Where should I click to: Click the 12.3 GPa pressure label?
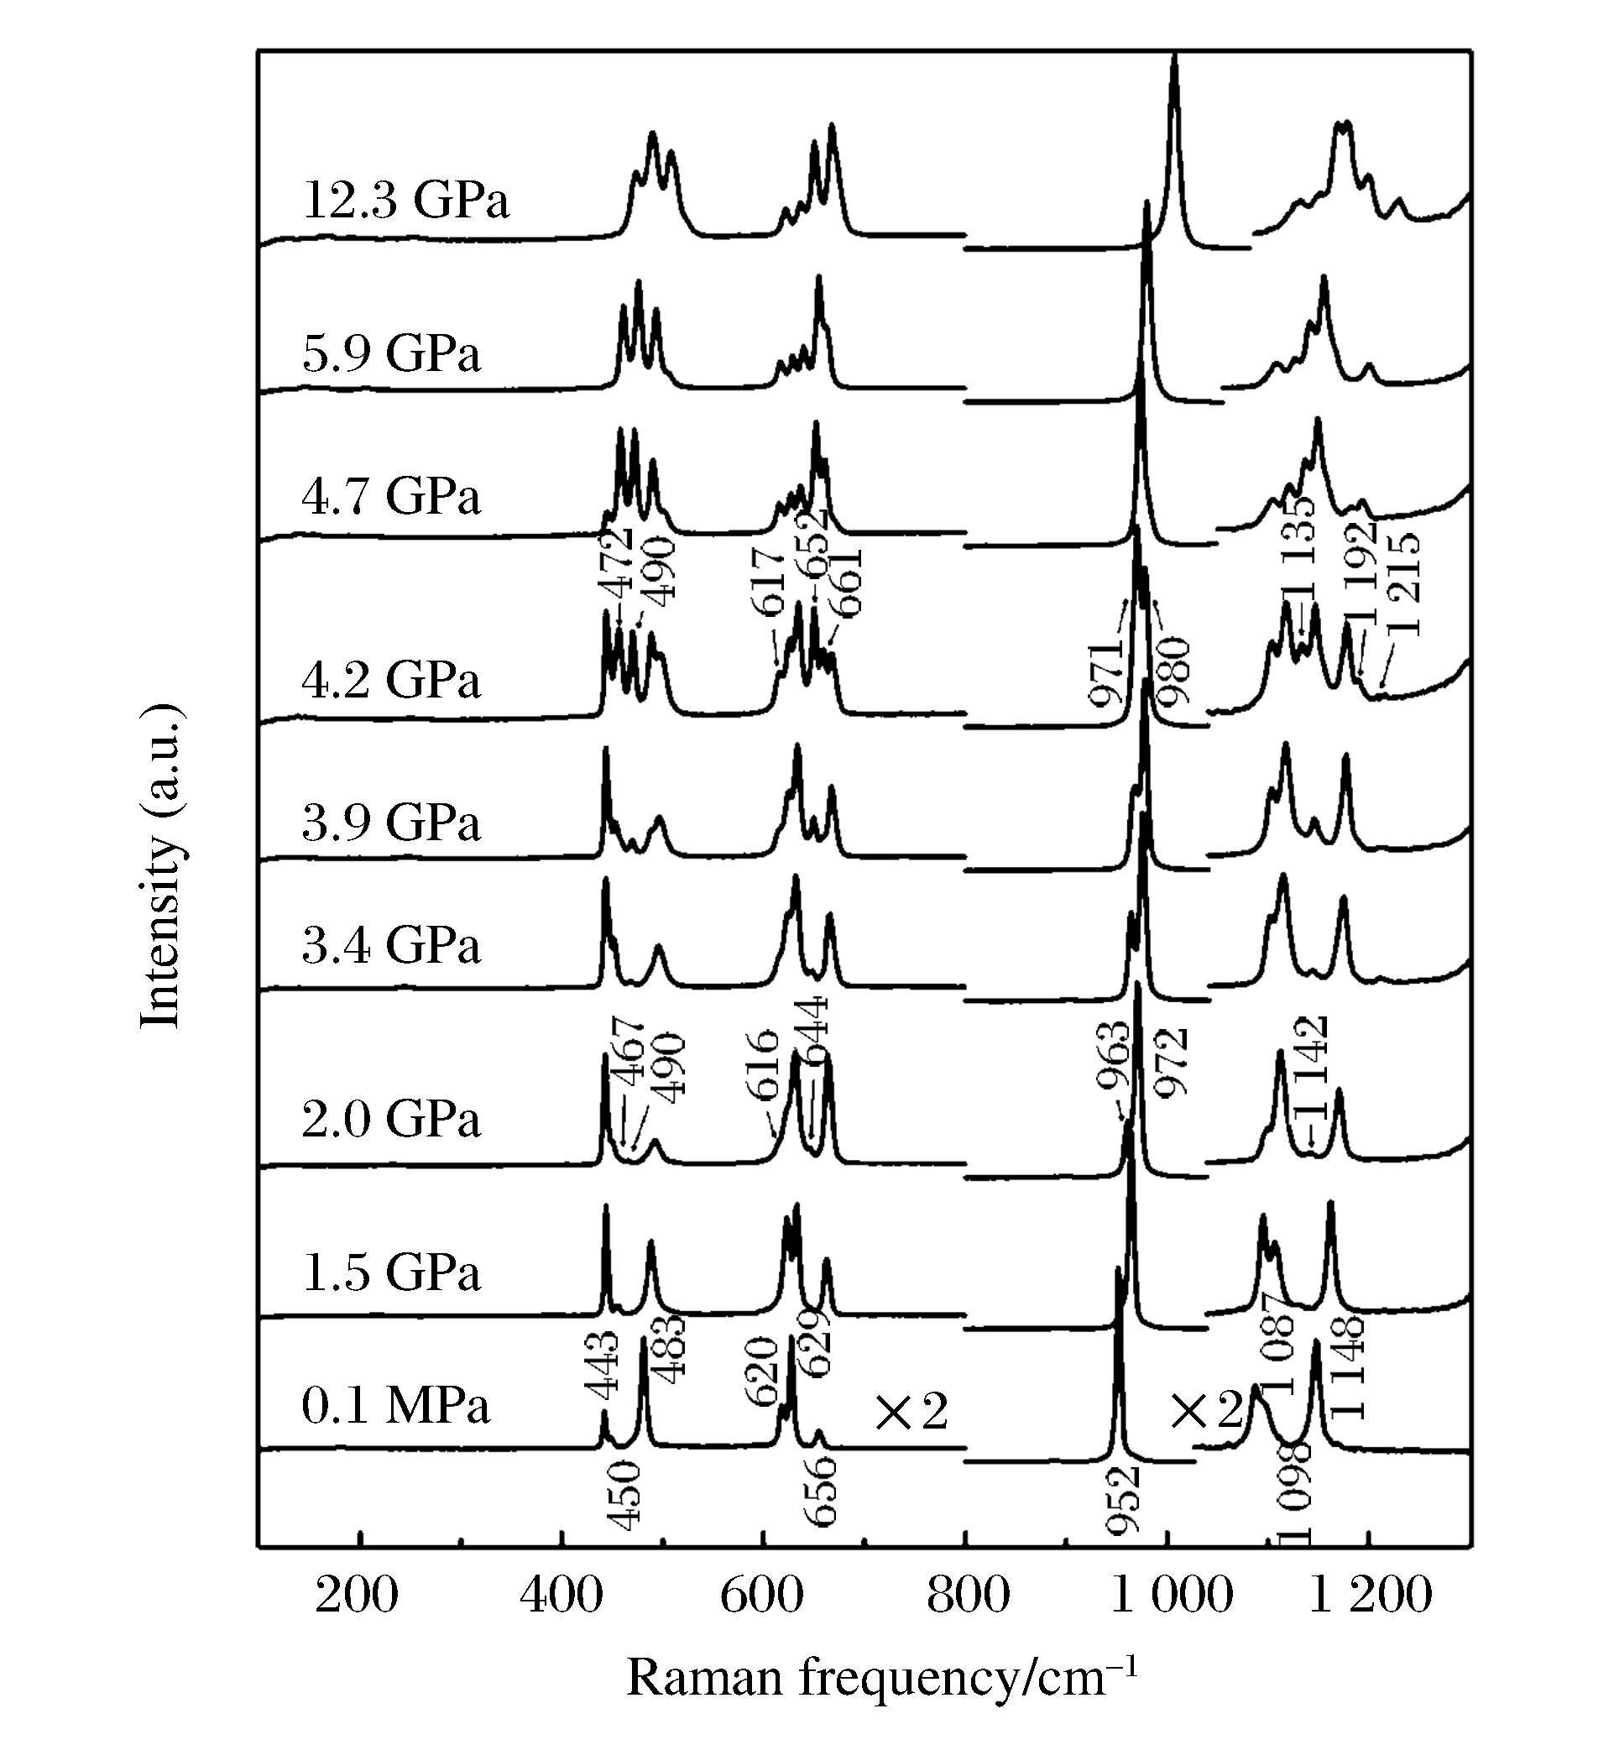click(405, 200)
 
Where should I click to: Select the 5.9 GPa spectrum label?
click(391, 353)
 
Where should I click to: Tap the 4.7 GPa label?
click(391, 497)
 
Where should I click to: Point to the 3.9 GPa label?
click(391, 822)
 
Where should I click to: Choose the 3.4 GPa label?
click(391, 946)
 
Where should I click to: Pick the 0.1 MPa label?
click(395, 1407)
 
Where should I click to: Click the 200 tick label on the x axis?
click(358, 1595)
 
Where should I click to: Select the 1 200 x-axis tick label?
click(1371, 1595)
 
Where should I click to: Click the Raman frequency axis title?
click(882, 1678)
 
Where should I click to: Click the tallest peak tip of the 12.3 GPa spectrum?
click(1175, 56)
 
